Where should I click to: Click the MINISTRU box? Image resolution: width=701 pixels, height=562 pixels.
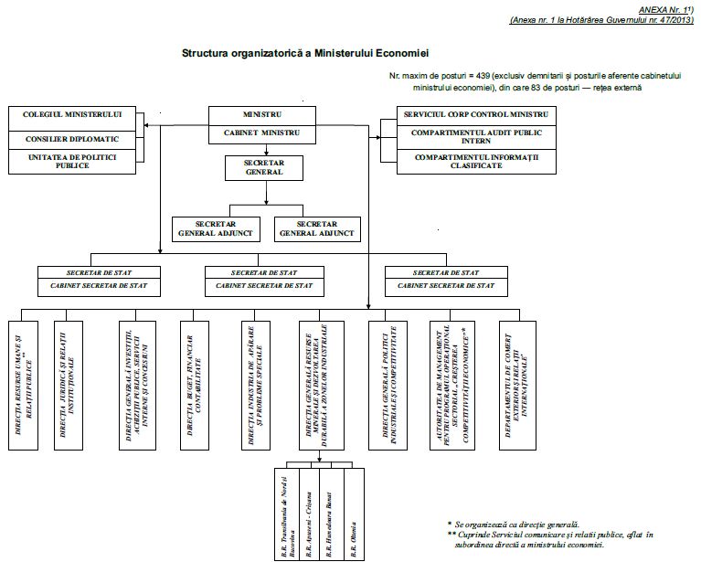click(x=263, y=116)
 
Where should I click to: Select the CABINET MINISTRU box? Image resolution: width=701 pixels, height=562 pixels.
click(x=263, y=133)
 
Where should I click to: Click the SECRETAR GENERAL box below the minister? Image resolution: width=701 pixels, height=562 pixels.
click(x=264, y=166)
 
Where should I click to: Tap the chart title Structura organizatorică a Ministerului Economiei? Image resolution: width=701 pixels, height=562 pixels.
click(x=307, y=55)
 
